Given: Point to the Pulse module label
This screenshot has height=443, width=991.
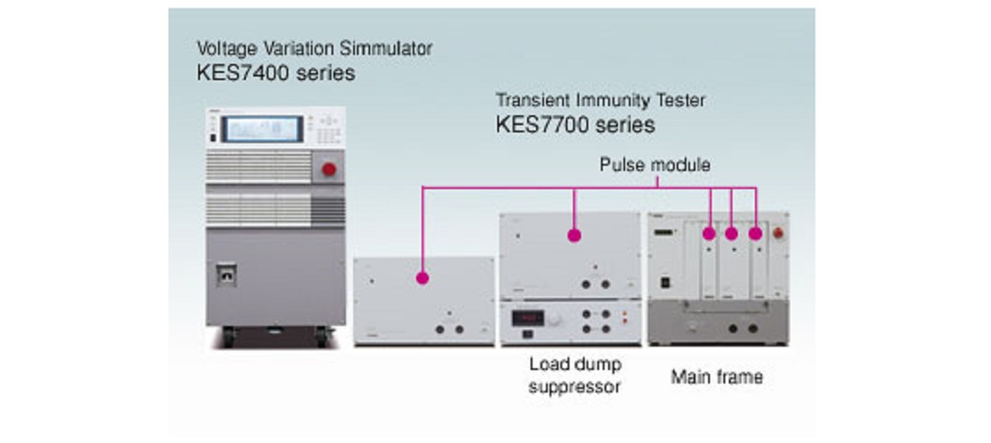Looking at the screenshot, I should point(656,166).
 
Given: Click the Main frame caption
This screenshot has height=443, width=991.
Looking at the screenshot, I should point(716,376).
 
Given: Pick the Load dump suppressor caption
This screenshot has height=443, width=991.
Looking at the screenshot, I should point(575,376).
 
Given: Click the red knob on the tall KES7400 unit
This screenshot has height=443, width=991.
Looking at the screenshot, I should point(329,169).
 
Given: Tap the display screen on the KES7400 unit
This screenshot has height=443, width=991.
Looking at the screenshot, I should point(264,129).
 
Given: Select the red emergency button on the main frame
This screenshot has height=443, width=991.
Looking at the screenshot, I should point(780,233).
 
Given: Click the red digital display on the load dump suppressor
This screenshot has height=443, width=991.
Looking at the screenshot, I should point(527,317).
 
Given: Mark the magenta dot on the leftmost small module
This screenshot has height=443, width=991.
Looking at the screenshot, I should point(421,278).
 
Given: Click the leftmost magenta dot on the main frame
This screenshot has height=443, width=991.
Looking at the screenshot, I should point(709,234).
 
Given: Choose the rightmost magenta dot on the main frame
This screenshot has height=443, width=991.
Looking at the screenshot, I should point(755,234).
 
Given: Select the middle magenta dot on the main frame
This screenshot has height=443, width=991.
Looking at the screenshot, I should point(732,234).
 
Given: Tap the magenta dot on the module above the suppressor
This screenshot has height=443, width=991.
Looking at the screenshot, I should point(573,236).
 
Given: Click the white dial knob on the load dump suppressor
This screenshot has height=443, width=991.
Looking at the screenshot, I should point(554,319).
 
